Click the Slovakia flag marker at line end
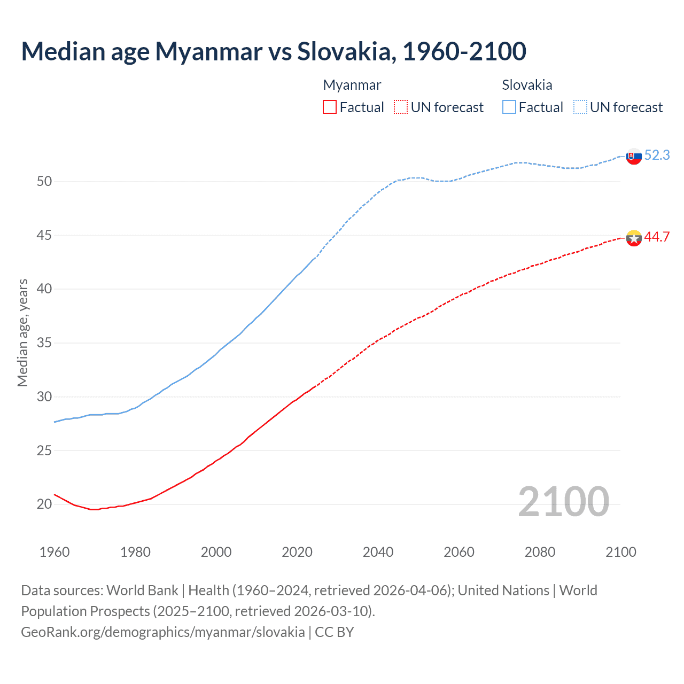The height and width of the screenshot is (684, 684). pyautogui.click(x=634, y=157)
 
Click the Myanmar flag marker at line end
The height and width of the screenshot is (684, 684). pyautogui.click(x=634, y=238)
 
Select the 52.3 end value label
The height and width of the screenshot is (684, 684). pyautogui.click(x=657, y=155)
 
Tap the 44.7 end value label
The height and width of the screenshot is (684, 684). pyautogui.click(x=657, y=237)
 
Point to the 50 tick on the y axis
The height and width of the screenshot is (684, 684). pyautogui.click(x=44, y=181)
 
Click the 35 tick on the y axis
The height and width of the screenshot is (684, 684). pyautogui.click(x=44, y=343)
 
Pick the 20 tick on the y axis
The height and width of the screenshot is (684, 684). pyautogui.click(x=44, y=504)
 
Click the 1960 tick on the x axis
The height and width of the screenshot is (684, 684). pyautogui.click(x=55, y=552)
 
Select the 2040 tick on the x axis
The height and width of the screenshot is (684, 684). pyautogui.click(x=378, y=552)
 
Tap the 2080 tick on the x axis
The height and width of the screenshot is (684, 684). pyautogui.click(x=540, y=552)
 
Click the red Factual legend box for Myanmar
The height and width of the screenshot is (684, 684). pyautogui.click(x=330, y=107)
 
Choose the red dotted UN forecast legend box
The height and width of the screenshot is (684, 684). pyautogui.click(x=401, y=107)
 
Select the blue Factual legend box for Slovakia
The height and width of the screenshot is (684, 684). pyautogui.click(x=509, y=107)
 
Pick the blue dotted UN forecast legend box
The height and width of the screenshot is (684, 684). pyautogui.click(x=580, y=107)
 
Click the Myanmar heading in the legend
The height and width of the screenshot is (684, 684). pyautogui.click(x=352, y=85)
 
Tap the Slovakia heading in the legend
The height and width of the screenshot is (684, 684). pyautogui.click(x=527, y=85)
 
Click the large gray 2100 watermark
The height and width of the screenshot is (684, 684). pyautogui.click(x=563, y=501)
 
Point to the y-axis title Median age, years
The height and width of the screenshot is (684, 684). pyautogui.click(x=22, y=332)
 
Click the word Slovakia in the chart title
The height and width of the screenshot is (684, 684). pyautogui.click(x=346, y=51)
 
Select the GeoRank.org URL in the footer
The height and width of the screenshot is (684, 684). pyautogui.click(x=163, y=632)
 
